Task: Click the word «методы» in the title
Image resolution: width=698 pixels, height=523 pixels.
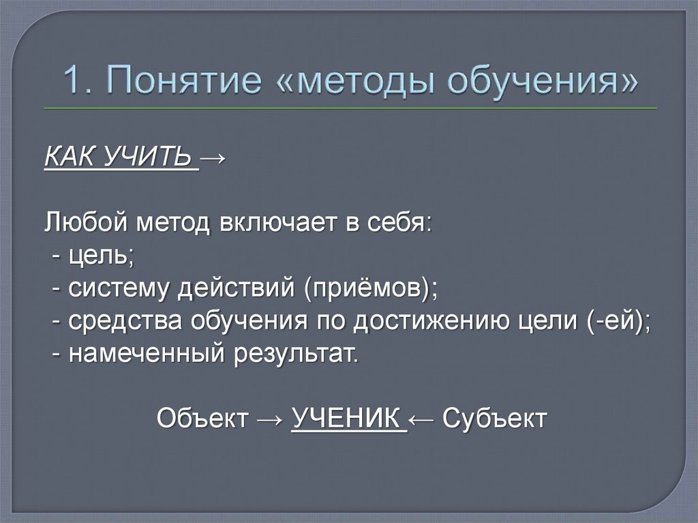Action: [x=369, y=80]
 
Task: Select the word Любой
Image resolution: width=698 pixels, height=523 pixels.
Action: [x=89, y=223]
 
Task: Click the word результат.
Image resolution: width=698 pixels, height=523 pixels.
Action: [x=292, y=354]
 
